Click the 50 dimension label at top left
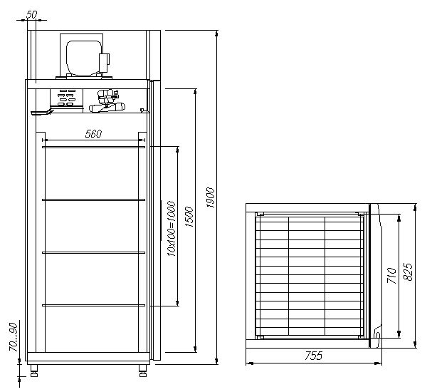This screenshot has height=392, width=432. point(31,15)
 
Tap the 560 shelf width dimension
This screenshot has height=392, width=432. point(93,134)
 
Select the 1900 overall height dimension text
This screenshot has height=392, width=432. point(210,197)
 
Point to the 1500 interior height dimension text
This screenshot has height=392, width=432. point(189,217)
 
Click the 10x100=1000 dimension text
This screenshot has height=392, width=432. point(172,229)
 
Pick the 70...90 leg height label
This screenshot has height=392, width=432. point(14,337)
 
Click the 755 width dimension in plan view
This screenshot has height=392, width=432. point(314,356)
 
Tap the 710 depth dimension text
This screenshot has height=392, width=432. point(391,276)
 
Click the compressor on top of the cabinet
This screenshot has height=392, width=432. point(84,58)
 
